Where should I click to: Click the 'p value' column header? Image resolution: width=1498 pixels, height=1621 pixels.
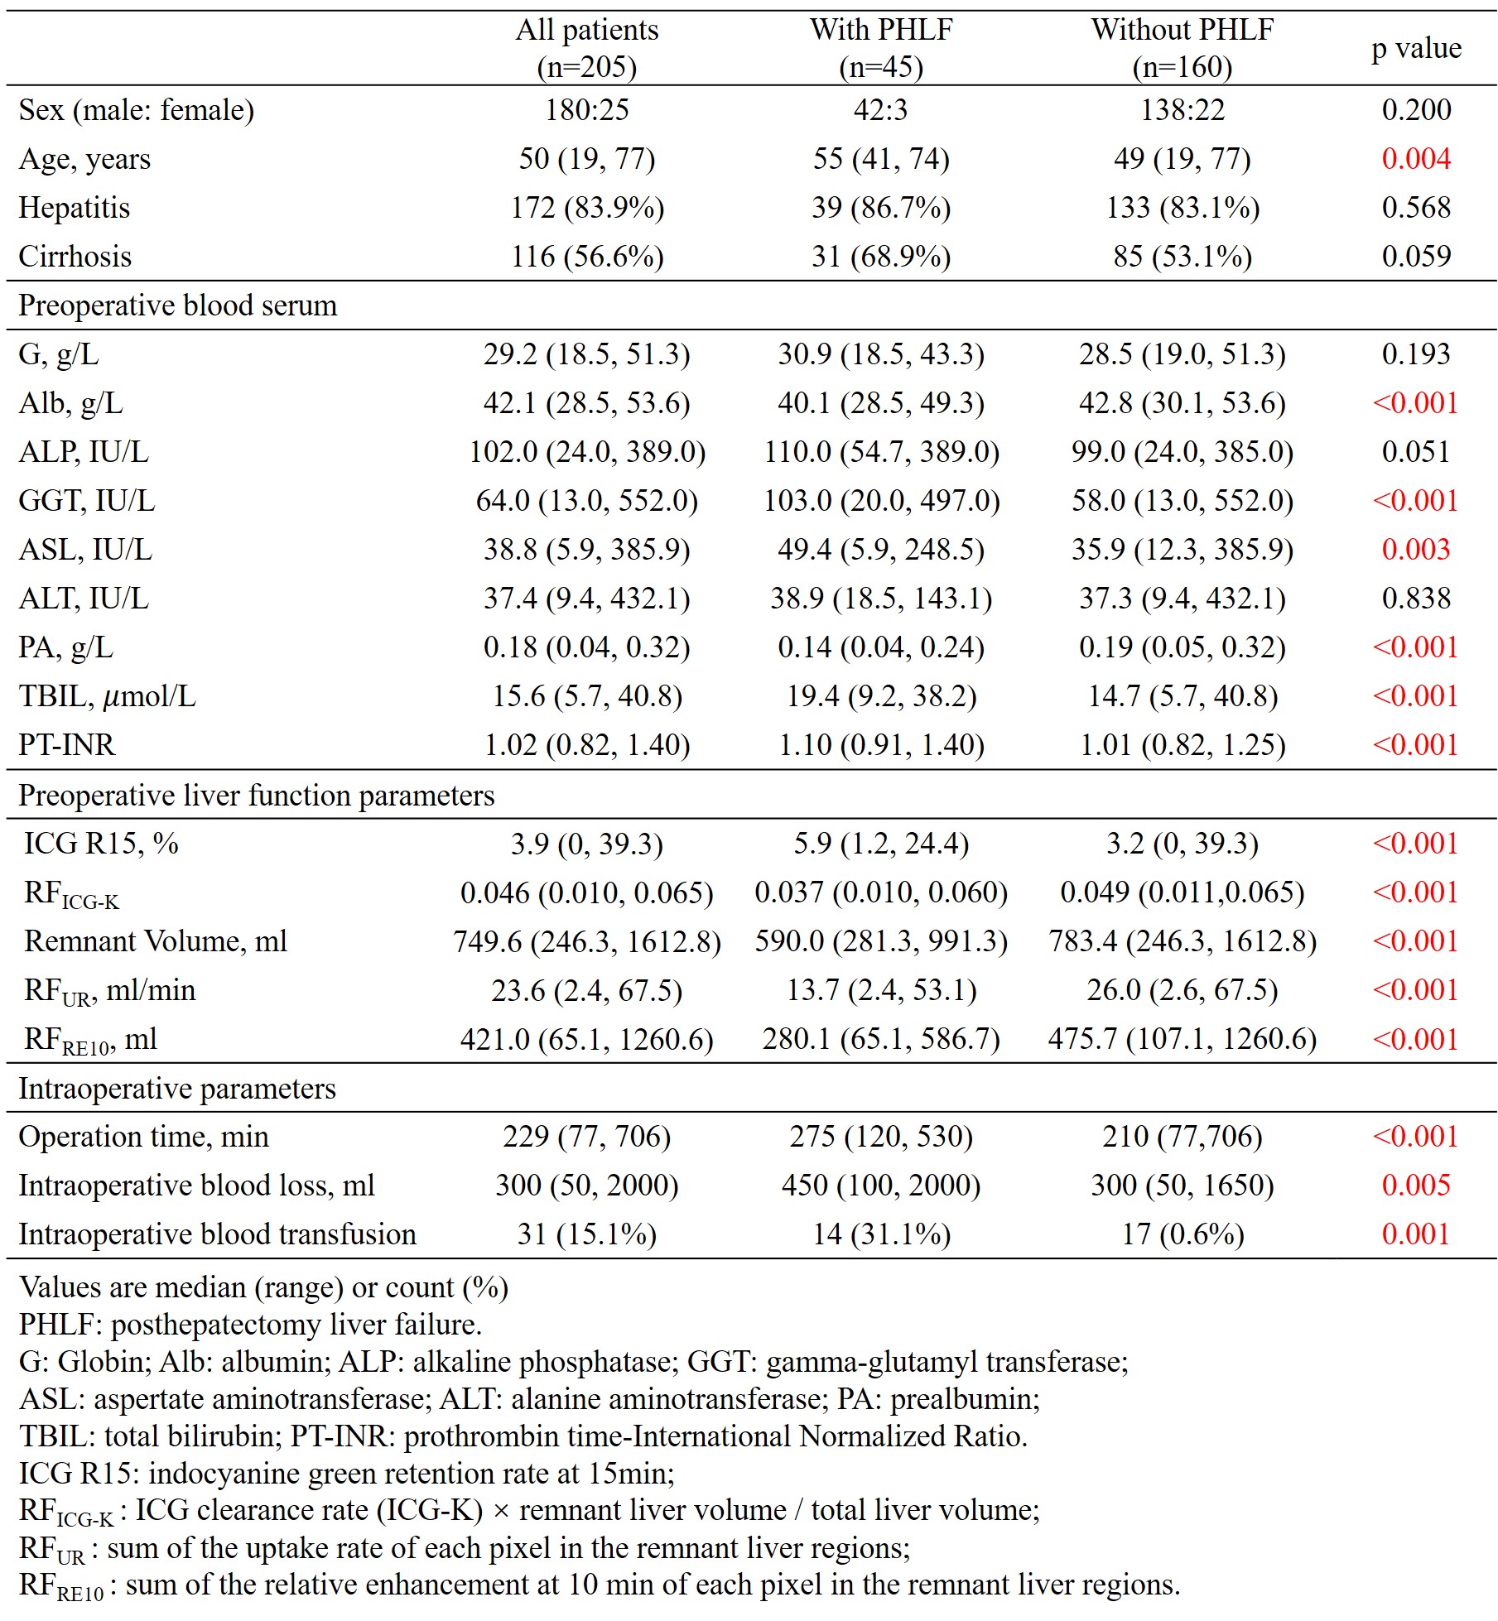tap(1415, 48)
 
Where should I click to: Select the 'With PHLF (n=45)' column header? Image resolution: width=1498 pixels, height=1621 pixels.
tap(880, 48)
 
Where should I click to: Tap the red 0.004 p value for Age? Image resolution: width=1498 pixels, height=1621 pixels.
tap(1415, 158)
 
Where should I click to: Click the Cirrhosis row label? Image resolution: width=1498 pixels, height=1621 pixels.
tap(75, 256)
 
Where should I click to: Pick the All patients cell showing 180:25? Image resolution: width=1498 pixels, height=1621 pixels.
tap(586, 109)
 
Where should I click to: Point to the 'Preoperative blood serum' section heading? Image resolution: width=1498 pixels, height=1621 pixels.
tap(177, 305)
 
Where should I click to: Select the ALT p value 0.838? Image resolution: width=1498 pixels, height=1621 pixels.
tap(1415, 598)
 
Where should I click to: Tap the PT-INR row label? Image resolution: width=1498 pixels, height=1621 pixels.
tap(66, 744)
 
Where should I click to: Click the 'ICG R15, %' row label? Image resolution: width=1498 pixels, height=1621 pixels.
tap(101, 843)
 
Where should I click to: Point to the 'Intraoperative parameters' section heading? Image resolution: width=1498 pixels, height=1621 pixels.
tap(176, 1088)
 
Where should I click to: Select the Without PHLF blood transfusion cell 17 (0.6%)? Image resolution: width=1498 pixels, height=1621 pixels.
tap(1182, 1234)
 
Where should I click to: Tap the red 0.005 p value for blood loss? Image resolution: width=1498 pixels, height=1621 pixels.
tap(1415, 1185)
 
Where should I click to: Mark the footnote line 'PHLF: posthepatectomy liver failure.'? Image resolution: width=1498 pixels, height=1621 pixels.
tap(250, 1324)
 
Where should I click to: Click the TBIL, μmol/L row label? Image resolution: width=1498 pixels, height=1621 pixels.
tap(107, 695)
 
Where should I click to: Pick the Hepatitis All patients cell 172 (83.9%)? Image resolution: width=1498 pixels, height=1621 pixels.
tap(586, 207)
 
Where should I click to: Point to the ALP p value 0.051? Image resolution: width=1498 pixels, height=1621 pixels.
tap(1415, 451)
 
